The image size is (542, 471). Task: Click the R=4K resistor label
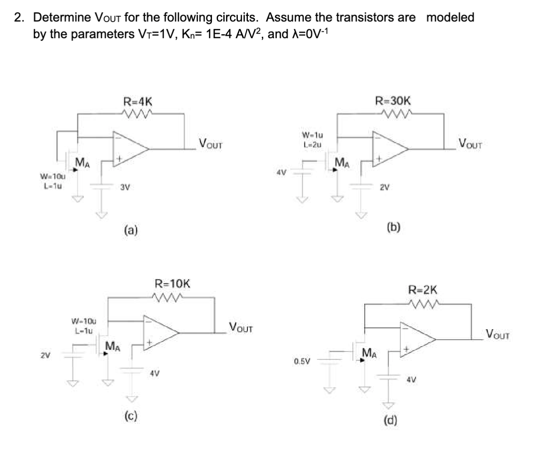click(x=138, y=102)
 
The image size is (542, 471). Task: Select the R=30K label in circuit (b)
click(x=393, y=101)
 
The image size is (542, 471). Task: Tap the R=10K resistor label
click(x=173, y=283)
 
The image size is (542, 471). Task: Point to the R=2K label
click(x=423, y=290)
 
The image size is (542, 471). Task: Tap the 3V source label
click(x=125, y=187)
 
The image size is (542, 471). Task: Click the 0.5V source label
click(x=302, y=362)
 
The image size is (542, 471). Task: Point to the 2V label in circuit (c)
click(x=45, y=355)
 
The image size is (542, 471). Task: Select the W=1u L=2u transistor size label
click(x=313, y=139)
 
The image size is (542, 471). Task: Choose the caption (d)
click(x=390, y=420)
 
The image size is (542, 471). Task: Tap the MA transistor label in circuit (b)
click(x=342, y=163)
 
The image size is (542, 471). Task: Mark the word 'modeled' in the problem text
click(x=450, y=18)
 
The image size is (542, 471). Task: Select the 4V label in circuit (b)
click(x=281, y=172)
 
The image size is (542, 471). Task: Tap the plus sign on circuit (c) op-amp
click(x=149, y=342)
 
